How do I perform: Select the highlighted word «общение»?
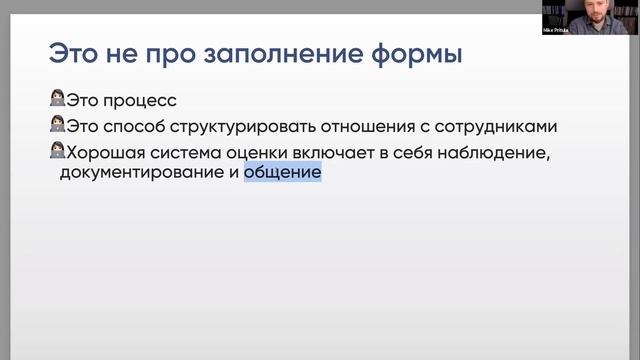[x=283, y=173]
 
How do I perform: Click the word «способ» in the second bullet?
[x=137, y=127]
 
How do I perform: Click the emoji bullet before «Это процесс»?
[x=56, y=101]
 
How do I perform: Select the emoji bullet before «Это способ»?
[x=56, y=126]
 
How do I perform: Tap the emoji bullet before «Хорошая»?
[x=56, y=151]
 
